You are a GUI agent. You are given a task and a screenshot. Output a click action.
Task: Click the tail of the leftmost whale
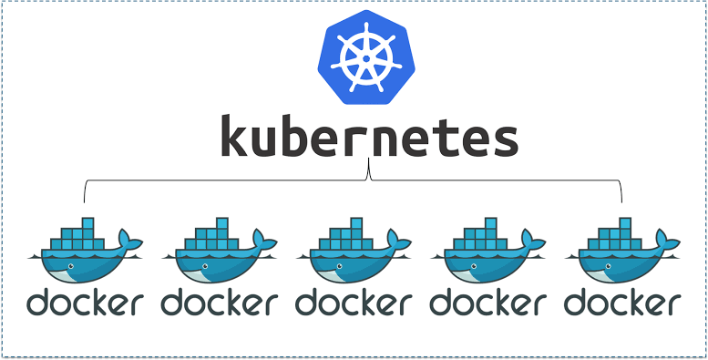coord(132,242)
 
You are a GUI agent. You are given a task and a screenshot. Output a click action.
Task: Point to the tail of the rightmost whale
coord(671,242)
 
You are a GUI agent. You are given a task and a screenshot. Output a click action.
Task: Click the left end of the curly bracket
coord(85,199)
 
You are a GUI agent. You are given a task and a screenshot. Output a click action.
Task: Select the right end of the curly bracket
coord(621,199)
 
